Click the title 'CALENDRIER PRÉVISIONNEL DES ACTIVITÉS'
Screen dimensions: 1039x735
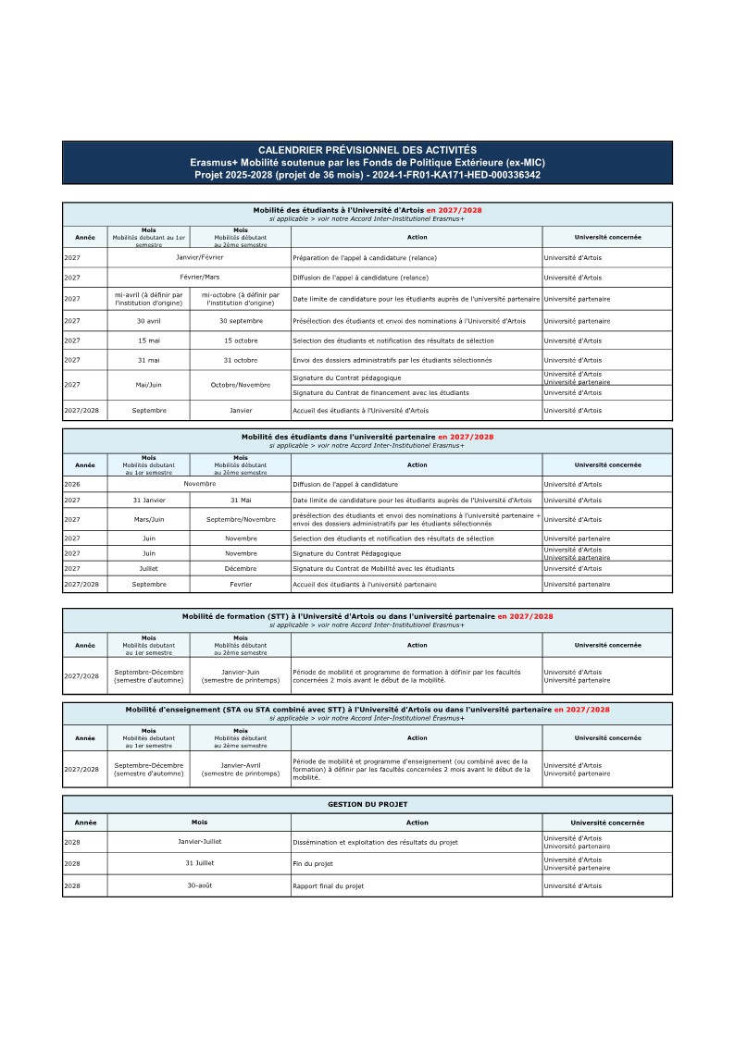pyautogui.click(x=367, y=150)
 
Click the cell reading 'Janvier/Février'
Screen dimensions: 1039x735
pyautogui.click(x=199, y=257)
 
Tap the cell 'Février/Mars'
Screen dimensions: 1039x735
pyautogui.click(x=199, y=278)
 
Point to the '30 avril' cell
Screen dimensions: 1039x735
pyautogui.click(x=148, y=321)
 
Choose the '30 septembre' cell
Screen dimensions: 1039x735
pyautogui.click(x=241, y=321)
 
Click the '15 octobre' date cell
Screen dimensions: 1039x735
pyautogui.click(x=241, y=340)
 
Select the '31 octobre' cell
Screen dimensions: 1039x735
pyautogui.click(x=241, y=360)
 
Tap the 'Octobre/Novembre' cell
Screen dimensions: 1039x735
pyautogui.click(x=241, y=384)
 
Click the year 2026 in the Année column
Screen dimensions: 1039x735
pyautogui.click(x=72, y=484)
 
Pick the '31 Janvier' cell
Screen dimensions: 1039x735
pyautogui.click(x=148, y=501)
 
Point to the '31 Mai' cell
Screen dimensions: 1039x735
pyautogui.click(x=241, y=501)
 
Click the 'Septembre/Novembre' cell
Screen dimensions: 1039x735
pyautogui.click(x=241, y=520)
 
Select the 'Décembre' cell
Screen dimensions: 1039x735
pyautogui.click(x=241, y=568)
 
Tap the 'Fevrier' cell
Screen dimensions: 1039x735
pyautogui.click(x=241, y=585)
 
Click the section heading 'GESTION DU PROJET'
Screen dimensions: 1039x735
pyautogui.click(x=367, y=805)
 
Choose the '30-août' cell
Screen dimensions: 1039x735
pyautogui.click(x=199, y=885)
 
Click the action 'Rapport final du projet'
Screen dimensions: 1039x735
pyautogui.click(x=328, y=886)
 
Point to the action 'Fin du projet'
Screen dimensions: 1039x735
pyautogui.click(x=312, y=864)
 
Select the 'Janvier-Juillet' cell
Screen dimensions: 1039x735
pyautogui.click(x=199, y=842)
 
